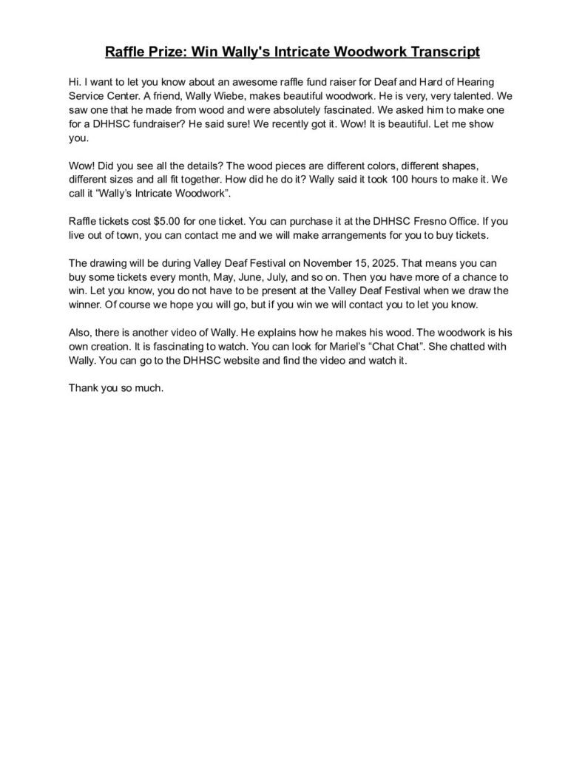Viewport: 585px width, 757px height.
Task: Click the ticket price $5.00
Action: pos(171,222)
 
